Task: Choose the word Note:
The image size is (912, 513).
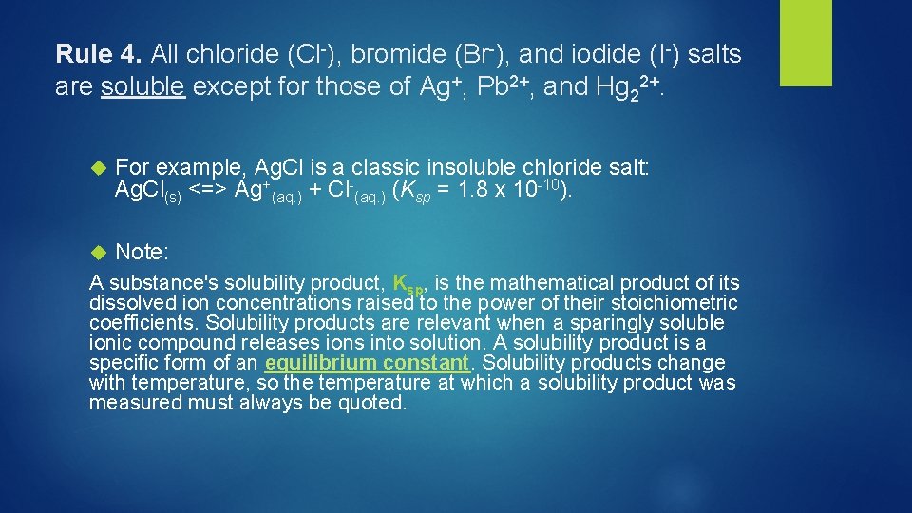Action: tap(142, 252)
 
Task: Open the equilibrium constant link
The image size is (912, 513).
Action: tap(368, 363)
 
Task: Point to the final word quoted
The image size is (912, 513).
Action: tap(374, 403)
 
